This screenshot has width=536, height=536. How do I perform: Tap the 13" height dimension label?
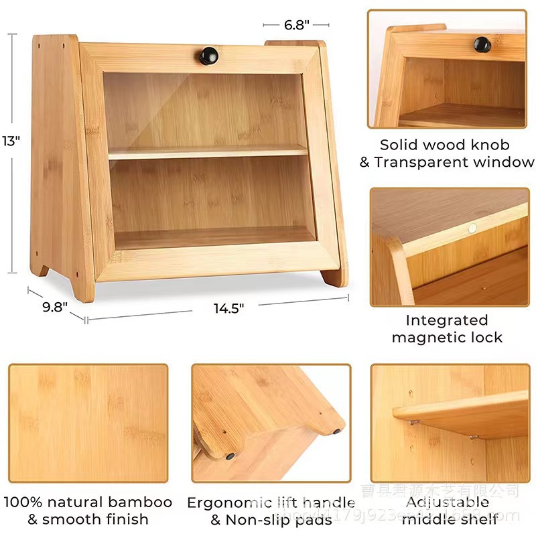[11, 140]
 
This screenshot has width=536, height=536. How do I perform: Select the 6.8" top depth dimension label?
[295, 25]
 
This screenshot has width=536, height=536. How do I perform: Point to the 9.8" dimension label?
[55, 308]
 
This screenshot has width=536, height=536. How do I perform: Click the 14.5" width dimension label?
[228, 308]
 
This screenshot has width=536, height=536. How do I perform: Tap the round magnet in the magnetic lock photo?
[473, 228]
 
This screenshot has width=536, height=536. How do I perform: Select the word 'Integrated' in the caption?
[447, 320]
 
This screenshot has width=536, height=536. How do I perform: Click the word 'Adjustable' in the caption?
[448, 503]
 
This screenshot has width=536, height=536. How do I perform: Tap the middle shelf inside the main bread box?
[208, 153]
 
